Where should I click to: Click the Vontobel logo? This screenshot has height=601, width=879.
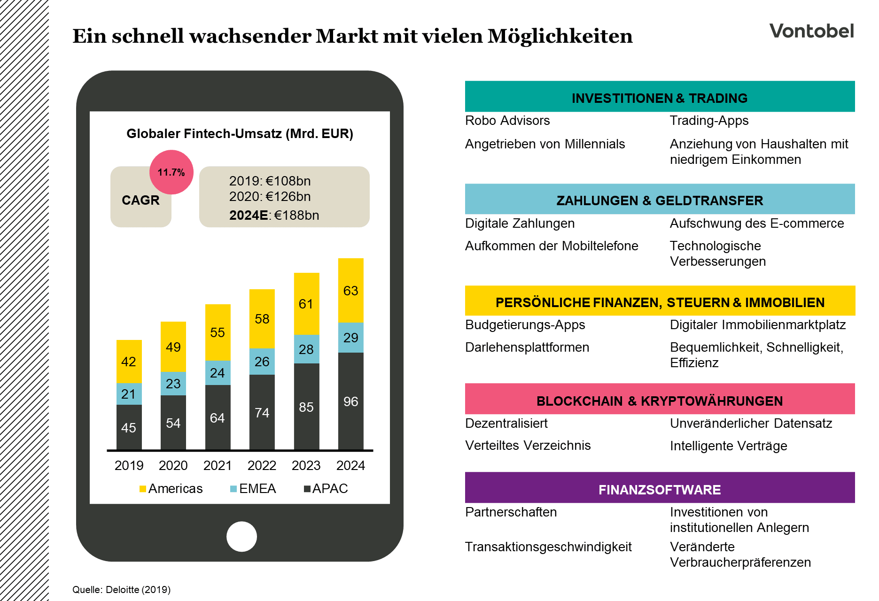pyautogui.click(x=811, y=31)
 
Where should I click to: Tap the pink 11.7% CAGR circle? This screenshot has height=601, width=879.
pyautogui.click(x=171, y=172)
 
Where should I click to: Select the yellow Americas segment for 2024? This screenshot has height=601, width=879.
pyautogui.click(x=350, y=291)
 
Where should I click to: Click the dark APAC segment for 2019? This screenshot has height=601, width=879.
pyautogui.click(x=129, y=427)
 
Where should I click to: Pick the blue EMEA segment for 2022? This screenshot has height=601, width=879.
pyautogui.click(x=262, y=361)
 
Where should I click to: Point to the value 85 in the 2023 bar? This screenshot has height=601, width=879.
pyautogui.click(x=306, y=407)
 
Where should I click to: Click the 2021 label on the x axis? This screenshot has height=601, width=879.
pyautogui.click(x=218, y=465)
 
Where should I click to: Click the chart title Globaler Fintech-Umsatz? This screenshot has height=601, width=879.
pyautogui.click(x=240, y=134)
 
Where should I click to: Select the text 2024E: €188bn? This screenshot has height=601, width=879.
pyautogui.click(x=274, y=215)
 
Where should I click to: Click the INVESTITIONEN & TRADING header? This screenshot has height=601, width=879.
pyautogui.click(x=660, y=98)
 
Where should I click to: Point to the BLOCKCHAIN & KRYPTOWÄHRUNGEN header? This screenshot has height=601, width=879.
pyautogui.click(x=660, y=401)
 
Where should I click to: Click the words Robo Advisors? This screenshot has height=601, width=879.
pyautogui.click(x=507, y=121)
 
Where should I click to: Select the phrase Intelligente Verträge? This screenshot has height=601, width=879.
pyautogui.click(x=728, y=446)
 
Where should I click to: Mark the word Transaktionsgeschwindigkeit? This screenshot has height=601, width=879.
pyautogui.click(x=548, y=547)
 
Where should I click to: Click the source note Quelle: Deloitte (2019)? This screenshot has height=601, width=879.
pyautogui.click(x=121, y=590)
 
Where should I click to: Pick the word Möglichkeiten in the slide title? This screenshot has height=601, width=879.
pyautogui.click(x=560, y=36)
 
